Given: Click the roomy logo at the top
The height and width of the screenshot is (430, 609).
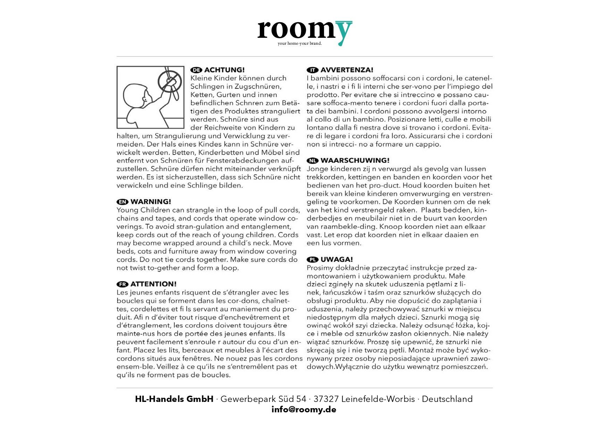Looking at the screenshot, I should coord(304,31).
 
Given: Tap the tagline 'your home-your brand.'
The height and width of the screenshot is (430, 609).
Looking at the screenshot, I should coord(300,44).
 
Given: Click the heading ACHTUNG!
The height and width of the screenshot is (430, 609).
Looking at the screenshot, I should coord(224,70).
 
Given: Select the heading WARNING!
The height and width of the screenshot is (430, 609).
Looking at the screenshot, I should coord(151,202).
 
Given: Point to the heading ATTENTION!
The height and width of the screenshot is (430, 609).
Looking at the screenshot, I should coord(153,284).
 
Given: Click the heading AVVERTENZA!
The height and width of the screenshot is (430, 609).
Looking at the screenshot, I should coord(347,70).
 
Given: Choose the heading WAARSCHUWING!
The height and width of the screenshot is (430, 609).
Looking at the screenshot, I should coord(355,161).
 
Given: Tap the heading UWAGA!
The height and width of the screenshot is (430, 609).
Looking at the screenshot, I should coord(336,259).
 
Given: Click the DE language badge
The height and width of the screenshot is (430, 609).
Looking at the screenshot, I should coord(196,70).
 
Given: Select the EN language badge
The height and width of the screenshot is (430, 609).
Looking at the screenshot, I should coord(123,202).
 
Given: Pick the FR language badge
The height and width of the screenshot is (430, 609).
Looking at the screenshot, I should coord(123,284).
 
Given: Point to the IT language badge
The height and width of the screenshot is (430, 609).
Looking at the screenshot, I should coord(312,70).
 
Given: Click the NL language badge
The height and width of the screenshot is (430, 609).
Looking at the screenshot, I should coord(312,161).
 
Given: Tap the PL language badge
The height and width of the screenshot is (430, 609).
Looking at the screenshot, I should coord(312,259).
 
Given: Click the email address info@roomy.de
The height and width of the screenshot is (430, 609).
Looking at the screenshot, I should coord(304,410).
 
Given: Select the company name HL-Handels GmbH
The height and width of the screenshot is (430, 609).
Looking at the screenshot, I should coord(174,399).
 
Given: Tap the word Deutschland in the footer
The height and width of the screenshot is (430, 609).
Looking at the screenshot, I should coord(447,399).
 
